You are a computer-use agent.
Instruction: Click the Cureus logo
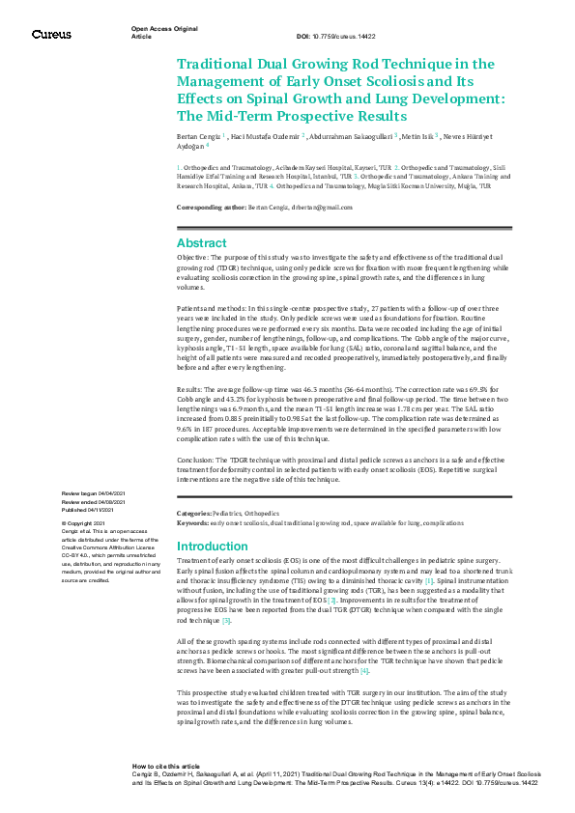(x=50, y=34)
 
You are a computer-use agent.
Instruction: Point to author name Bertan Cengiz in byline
(x=198, y=137)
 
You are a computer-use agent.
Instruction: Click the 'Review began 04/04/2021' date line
(x=95, y=493)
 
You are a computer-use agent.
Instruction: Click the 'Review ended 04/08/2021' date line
(x=94, y=501)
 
